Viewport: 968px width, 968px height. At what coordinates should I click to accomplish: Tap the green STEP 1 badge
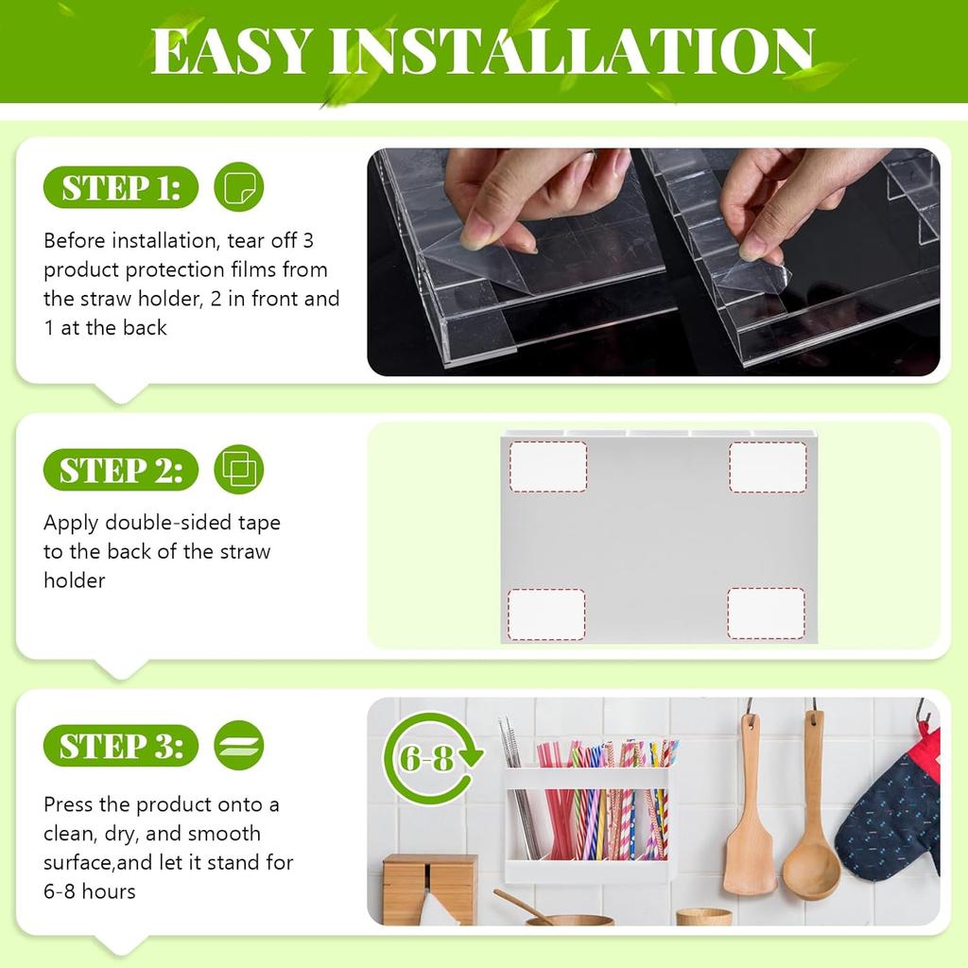pyautogui.click(x=120, y=188)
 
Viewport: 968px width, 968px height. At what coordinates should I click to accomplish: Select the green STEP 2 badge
pyautogui.click(x=120, y=470)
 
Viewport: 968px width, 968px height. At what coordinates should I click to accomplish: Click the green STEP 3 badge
pyautogui.click(x=120, y=747)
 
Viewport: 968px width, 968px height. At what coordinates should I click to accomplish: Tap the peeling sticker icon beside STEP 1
pyautogui.click(x=239, y=187)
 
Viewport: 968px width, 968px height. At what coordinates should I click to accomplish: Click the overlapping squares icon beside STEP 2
pyautogui.click(x=238, y=469)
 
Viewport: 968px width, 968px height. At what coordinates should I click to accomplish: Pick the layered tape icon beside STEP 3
pyautogui.click(x=239, y=746)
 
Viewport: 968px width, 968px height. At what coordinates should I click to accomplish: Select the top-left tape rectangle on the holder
pyautogui.click(x=548, y=466)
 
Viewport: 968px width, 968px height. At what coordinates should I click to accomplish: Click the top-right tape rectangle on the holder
pyautogui.click(x=767, y=466)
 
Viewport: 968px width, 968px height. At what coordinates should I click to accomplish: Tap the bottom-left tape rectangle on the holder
pyautogui.click(x=547, y=614)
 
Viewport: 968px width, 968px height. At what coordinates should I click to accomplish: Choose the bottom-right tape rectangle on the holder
pyautogui.click(x=766, y=614)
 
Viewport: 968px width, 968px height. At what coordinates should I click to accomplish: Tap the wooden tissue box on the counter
pyautogui.click(x=429, y=889)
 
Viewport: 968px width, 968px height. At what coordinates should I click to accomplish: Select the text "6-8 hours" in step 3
pyautogui.click(x=90, y=890)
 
